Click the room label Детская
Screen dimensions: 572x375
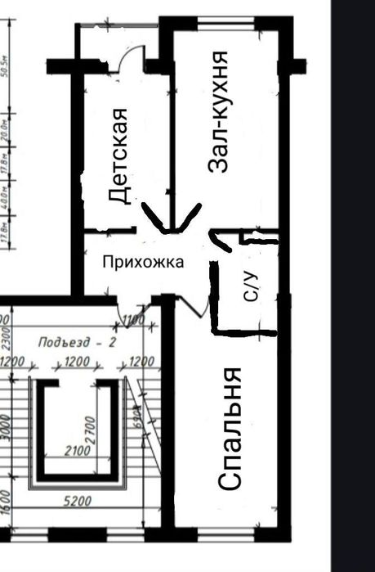[x=119, y=155]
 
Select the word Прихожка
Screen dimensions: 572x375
[x=143, y=262]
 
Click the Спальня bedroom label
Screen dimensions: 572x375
[x=231, y=428]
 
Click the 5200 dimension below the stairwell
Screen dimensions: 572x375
[x=78, y=502]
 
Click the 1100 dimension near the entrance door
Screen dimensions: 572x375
[x=132, y=321]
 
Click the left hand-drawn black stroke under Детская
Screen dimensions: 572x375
[x=154, y=217]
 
